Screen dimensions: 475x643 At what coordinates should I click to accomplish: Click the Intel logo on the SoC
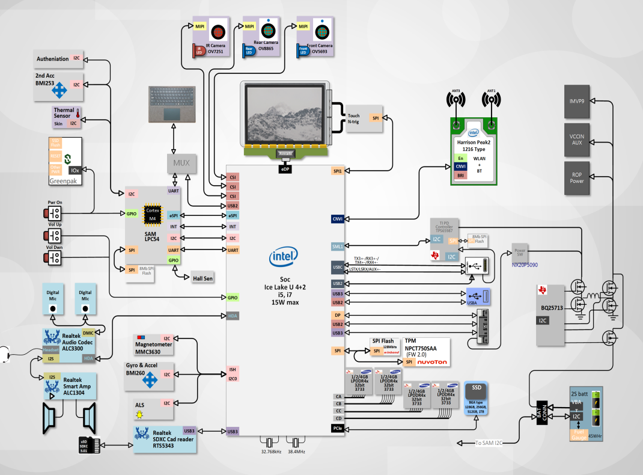[x=284, y=258]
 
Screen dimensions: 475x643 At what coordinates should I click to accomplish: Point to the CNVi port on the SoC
[x=337, y=219]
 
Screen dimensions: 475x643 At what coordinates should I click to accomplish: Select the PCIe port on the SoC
[x=338, y=428]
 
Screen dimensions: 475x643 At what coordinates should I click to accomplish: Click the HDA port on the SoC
[x=233, y=315]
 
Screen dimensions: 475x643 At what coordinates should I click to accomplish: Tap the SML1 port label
[x=338, y=246]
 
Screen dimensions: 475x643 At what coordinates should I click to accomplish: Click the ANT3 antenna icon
[x=456, y=99]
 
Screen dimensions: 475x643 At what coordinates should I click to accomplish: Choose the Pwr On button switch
[x=55, y=215]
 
